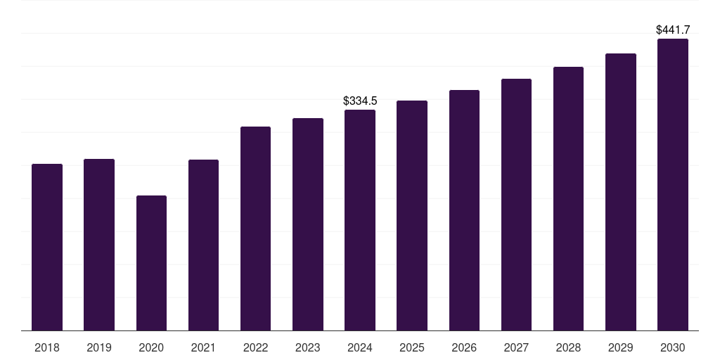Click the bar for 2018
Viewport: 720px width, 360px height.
tap(47, 247)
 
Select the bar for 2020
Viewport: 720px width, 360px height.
tap(151, 263)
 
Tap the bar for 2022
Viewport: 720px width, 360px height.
tap(255, 229)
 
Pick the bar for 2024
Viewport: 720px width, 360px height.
tap(360, 220)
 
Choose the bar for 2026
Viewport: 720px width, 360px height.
tap(464, 210)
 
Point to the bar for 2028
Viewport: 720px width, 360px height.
tap(568, 198)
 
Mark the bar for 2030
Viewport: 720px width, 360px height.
tap(673, 184)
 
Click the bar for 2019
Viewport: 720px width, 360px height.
tap(99, 245)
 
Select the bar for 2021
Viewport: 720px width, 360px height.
tap(203, 245)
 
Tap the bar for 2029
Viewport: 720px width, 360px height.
tap(621, 192)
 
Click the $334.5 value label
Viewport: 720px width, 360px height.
tap(360, 101)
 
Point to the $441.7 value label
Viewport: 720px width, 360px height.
tap(673, 30)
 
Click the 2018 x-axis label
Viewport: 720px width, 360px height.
tap(47, 347)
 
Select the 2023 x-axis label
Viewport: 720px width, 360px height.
tap(308, 347)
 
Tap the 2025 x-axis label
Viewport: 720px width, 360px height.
tap(412, 347)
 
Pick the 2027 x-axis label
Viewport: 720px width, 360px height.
tap(516, 347)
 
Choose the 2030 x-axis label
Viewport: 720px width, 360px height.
tap(673, 347)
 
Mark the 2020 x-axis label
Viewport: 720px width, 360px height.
tap(151, 347)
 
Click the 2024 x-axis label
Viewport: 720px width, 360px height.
tap(360, 347)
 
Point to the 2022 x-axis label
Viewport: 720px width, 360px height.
tap(255, 347)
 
